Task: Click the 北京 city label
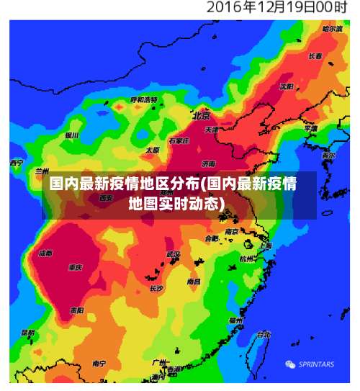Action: (x=201, y=115)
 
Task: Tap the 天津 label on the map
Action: (x=212, y=130)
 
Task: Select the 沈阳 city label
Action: (x=287, y=86)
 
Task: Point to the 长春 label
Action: (x=315, y=56)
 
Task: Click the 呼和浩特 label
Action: (x=144, y=99)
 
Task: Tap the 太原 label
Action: (x=152, y=150)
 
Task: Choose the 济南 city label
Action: (x=209, y=163)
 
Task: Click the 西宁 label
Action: (x=17, y=163)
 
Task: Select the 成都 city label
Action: (x=45, y=253)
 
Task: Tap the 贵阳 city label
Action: (x=76, y=310)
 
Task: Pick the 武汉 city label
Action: (x=174, y=254)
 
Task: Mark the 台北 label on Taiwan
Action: (x=264, y=334)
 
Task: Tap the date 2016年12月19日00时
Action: (x=277, y=9)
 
